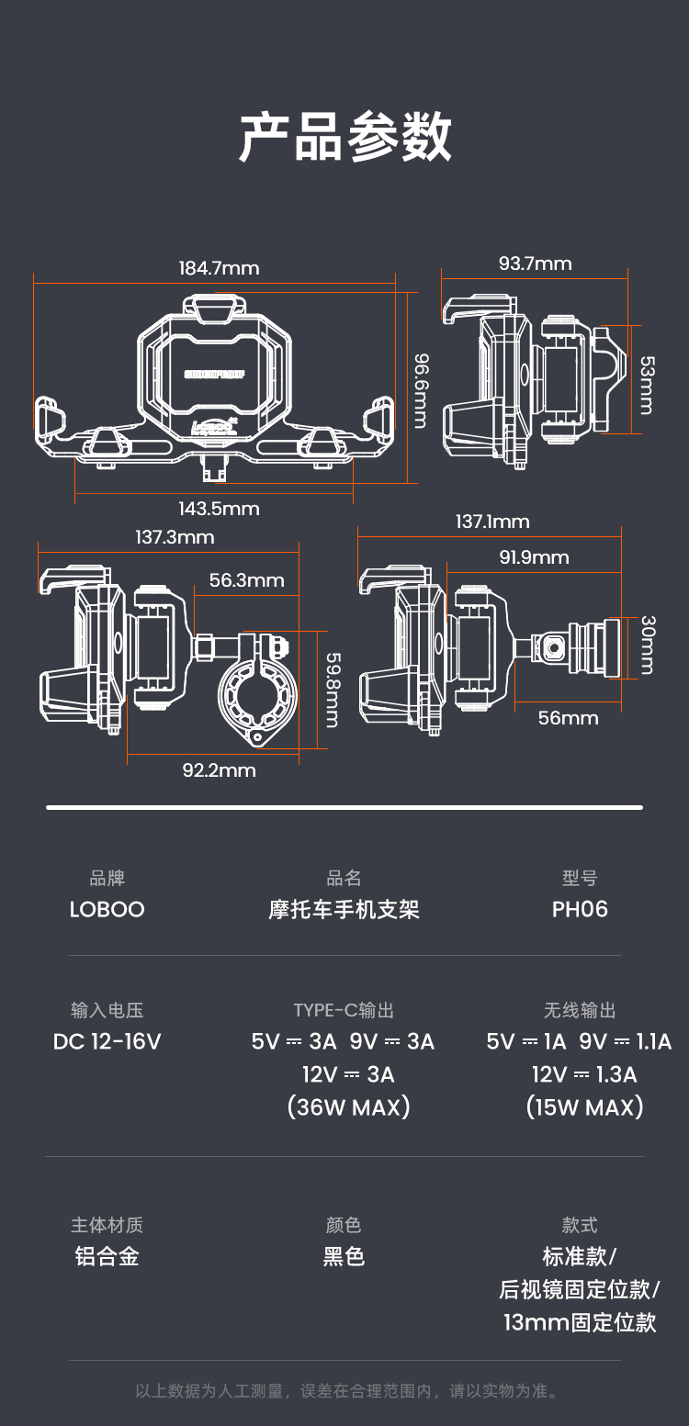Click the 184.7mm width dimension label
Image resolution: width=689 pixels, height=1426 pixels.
click(x=219, y=268)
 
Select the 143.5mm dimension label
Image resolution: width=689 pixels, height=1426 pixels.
click(x=219, y=509)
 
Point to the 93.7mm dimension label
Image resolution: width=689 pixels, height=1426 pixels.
click(x=535, y=264)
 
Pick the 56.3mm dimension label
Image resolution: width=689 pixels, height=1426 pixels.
click(x=246, y=580)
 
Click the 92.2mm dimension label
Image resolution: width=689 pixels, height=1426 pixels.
click(x=219, y=769)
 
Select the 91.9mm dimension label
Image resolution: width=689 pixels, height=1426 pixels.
click(x=534, y=557)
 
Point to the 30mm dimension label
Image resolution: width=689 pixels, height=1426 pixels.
click(x=646, y=645)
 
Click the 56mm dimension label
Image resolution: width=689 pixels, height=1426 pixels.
click(x=568, y=718)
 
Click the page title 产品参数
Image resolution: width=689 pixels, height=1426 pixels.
click(x=344, y=138)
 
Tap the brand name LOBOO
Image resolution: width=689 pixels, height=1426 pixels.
click(x=107, y=909)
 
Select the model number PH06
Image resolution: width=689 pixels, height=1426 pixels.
click(x=580, y=909)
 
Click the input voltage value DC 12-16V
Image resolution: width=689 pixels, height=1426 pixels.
click(x=107, y=1041)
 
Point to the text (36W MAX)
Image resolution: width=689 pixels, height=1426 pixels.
click(x=348, y=1106)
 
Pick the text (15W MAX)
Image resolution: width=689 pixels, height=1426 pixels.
click(x=584, y=1106)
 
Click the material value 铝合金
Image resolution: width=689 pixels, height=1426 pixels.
click(x=107, y=1256)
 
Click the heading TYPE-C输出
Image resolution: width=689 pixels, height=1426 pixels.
click(x=344, y=1010)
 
